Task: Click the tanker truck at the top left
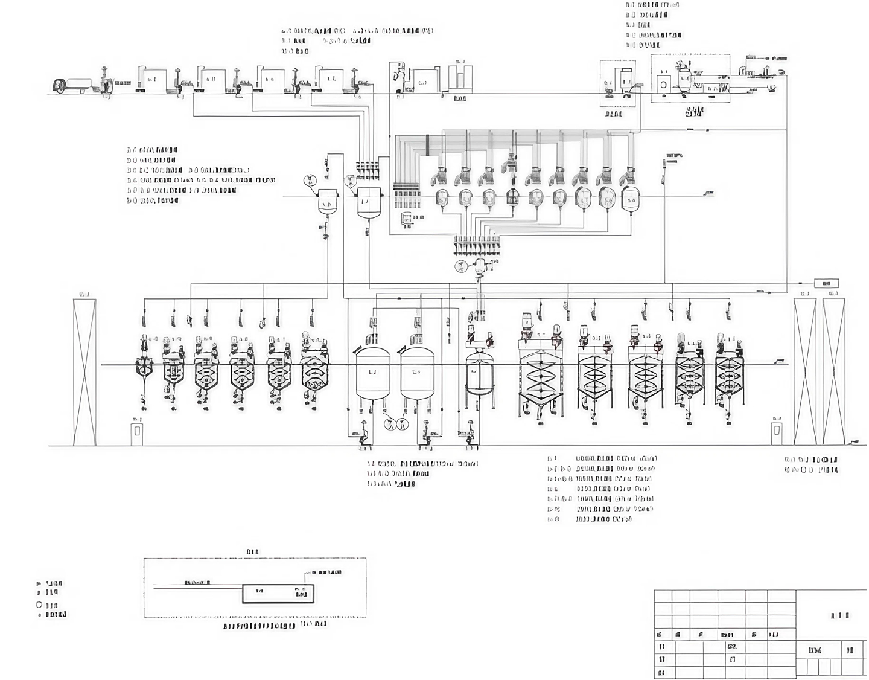71,86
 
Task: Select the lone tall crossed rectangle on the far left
84,372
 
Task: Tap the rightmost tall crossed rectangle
834,372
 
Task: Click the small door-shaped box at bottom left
137,431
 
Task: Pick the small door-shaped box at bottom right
777,430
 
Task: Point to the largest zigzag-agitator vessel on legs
540,374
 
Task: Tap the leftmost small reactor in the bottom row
144,366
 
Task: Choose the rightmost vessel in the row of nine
630,197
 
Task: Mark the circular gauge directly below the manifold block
460,266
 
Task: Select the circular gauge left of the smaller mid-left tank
310,179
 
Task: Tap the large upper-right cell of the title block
833,615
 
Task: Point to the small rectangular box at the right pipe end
826,283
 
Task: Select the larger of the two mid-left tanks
368,201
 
